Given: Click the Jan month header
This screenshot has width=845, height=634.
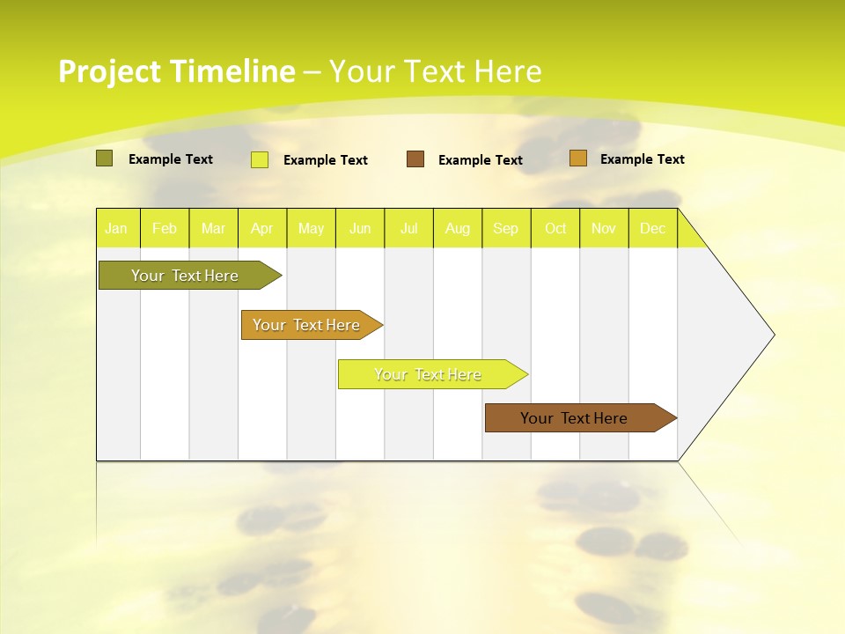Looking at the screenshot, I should pos(117,229).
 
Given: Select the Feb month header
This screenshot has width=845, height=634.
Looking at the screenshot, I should pos(165,229).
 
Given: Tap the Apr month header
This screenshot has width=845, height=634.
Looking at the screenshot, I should pos(262,229).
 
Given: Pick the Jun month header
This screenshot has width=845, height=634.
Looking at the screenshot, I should pos(360,229).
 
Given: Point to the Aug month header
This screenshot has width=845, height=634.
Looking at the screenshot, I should pos(458,229).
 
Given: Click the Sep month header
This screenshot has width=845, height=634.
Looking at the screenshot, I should pos(506,229).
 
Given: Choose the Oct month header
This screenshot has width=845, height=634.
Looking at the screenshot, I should pos(555,229).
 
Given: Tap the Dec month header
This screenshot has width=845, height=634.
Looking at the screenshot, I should pos(653,229).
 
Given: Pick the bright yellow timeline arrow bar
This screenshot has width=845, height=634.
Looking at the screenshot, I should pos(429,374).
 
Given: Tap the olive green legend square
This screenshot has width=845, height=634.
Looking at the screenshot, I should pos(104,158).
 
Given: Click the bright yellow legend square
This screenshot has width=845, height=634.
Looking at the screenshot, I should pos(260,159).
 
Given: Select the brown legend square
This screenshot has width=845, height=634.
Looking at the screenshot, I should pos(415,159).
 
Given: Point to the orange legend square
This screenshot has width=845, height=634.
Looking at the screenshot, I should pos(577,158).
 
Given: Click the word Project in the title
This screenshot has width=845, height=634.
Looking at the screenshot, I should pos(109,71).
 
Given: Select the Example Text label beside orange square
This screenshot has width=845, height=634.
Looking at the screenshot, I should pos(642,159).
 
